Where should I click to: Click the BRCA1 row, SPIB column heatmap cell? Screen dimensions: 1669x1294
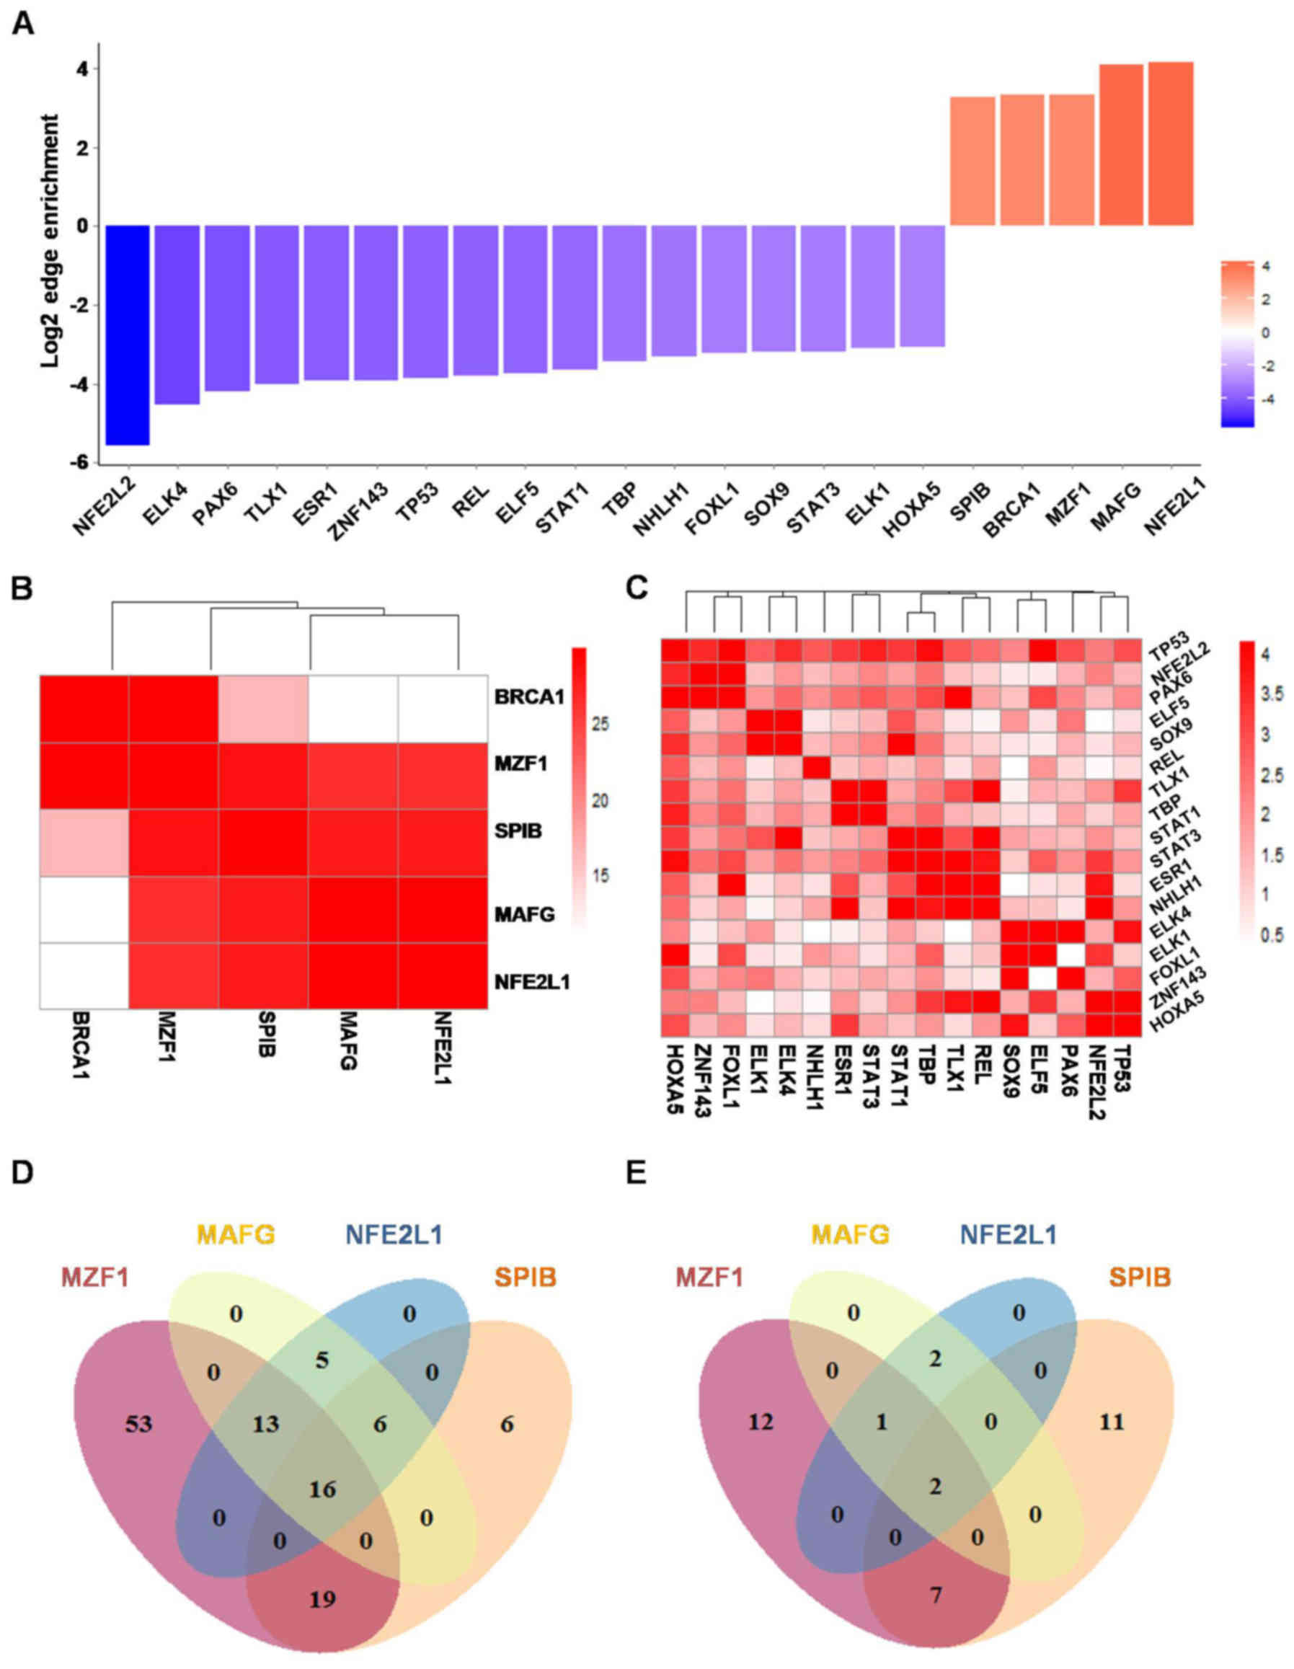(264, 709)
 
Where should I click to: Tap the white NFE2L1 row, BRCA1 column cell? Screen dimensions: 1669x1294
(84, 975)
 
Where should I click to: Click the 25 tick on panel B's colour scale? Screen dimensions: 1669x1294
(601, 725)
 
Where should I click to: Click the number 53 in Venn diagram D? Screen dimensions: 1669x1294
(140, 1423)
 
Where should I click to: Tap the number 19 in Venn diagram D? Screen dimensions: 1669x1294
(322, 1598)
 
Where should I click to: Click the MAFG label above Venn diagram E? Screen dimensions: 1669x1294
(851, 1234)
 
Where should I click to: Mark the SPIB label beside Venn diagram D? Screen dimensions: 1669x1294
(526, 1275)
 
